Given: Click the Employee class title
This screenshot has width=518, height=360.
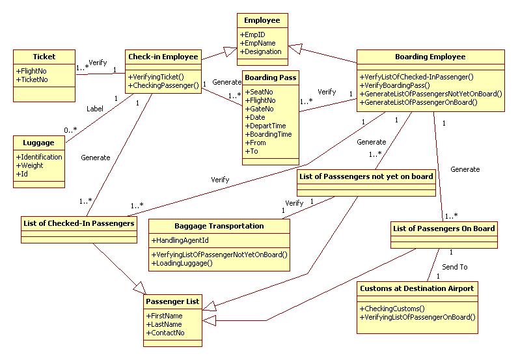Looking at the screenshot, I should pos(263,21).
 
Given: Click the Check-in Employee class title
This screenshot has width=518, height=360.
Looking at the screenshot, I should pos(163,57).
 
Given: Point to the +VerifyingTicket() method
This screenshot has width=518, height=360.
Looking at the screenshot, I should pos(156,76).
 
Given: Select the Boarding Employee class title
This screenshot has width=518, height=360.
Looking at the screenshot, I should pos(430,57).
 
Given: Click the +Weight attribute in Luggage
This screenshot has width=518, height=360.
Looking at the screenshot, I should pos(31,165).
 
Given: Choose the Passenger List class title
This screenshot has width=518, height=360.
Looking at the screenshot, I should pos(172,302).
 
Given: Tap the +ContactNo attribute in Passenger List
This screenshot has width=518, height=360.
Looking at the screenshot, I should pos(167,333).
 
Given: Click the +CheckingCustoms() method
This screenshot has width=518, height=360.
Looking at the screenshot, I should pos(392,308).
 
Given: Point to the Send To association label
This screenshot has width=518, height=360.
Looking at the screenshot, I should pos(454,267).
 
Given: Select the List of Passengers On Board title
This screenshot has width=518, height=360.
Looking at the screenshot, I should pos(444,228).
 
